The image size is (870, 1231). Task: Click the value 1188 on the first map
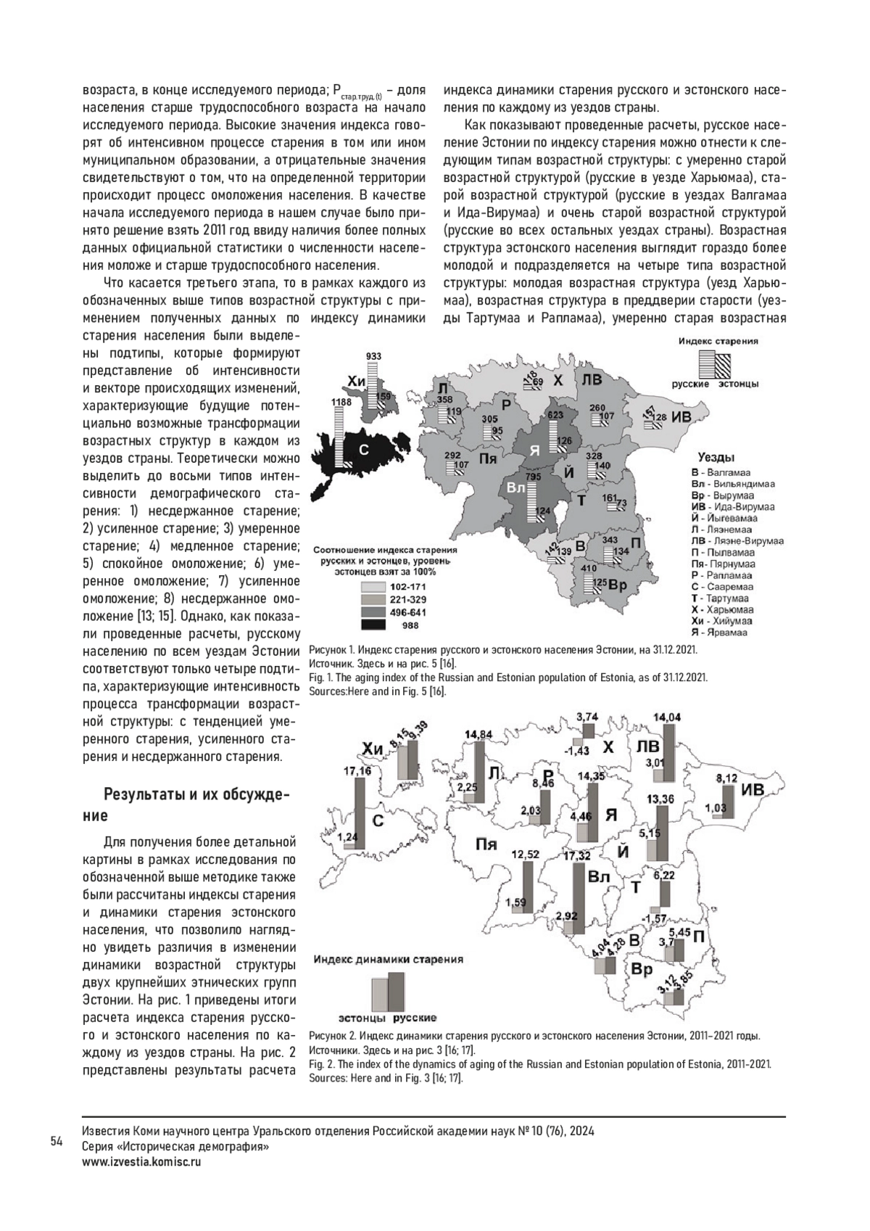341,402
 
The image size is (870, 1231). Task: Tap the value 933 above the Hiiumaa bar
373,356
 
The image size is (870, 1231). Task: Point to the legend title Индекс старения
718,340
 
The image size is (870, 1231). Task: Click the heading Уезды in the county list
716,458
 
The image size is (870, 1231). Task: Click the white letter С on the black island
364,449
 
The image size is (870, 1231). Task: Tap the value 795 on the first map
533,477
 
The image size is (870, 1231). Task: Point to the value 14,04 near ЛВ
668,717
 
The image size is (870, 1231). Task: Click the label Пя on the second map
486,844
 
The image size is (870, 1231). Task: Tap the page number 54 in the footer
57,1142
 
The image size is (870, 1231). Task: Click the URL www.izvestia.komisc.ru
142,1161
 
